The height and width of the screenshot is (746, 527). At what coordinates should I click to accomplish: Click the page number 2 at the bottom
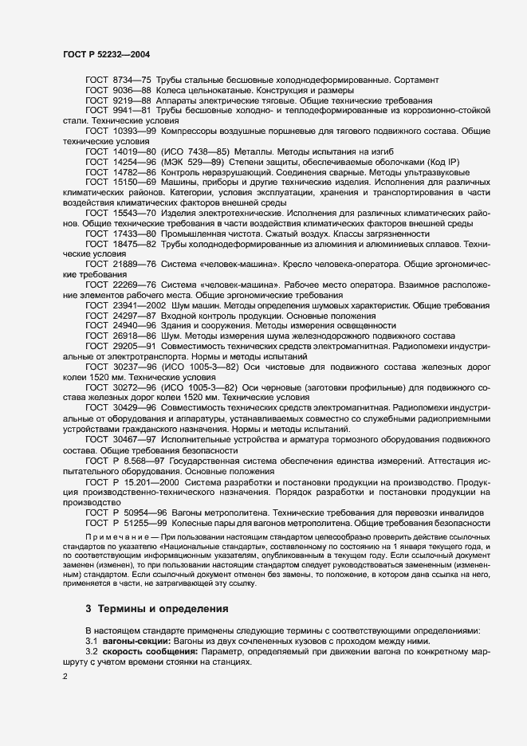65,677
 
